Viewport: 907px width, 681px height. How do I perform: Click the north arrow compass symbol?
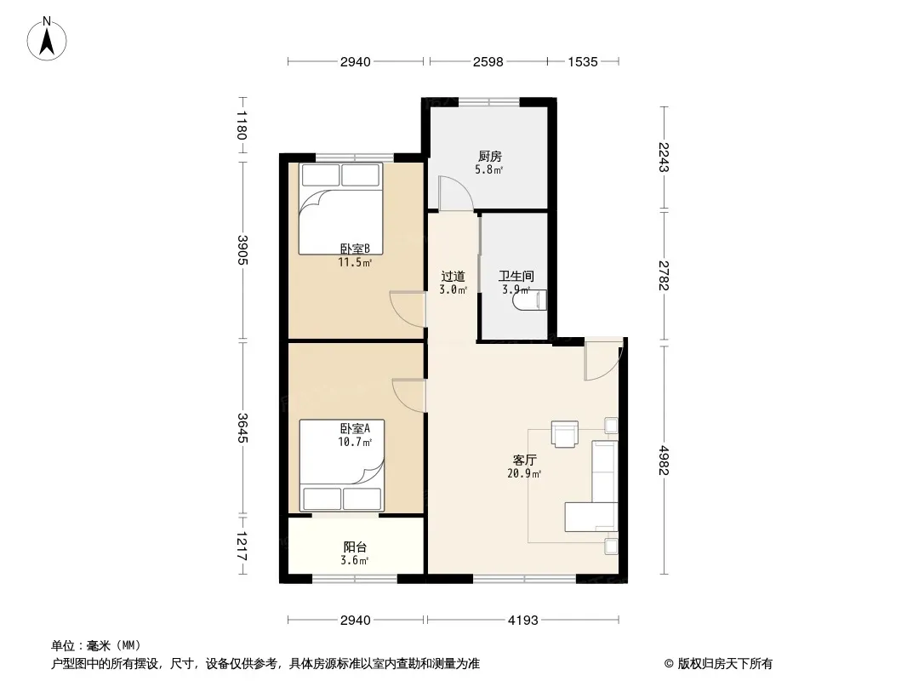click(47, 40)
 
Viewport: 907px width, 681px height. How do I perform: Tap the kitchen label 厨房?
click(489, 157)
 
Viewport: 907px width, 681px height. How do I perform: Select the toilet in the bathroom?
click(531, 300)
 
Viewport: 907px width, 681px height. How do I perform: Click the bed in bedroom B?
click(340, 209)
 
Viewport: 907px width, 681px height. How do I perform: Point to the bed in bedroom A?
click(341, 466)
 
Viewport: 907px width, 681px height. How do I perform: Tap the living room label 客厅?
click(524, 460)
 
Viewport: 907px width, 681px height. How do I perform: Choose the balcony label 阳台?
click(355, 547)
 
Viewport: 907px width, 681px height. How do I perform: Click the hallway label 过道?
click(453, 277)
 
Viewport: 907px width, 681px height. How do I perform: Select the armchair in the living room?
click(565, 434)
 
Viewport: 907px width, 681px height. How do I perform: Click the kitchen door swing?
click(456, 193)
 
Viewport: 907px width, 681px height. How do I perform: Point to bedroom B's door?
click(408, 310)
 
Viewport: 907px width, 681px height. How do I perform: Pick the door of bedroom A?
click(409, 395)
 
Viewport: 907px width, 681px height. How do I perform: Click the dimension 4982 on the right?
click(664, 460)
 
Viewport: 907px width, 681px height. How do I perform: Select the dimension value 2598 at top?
click(488, 61)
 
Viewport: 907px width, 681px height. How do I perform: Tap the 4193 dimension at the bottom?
click(523, 620)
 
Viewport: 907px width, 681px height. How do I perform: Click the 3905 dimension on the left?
click(242, 249)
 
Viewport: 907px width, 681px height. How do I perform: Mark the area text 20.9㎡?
click(524, 474)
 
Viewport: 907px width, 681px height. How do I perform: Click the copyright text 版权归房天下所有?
click(725, 664)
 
